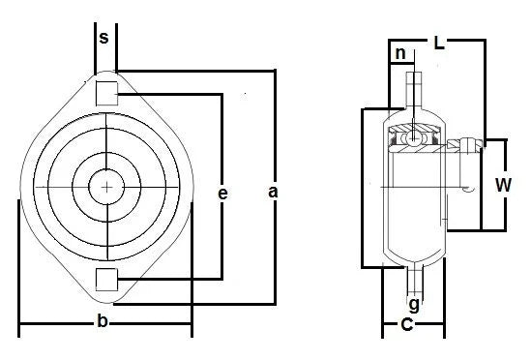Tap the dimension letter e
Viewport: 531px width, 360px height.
click(x=222, y=195)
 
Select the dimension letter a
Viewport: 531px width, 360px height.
click(x=273, y=193)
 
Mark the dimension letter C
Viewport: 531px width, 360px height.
click(x=407, y=325)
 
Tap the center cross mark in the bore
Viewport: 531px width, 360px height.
click(x=105, y=184)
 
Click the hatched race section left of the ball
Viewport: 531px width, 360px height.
click(x=398, y=142)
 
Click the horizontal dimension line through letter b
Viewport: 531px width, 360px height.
click(x=58, y=322)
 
